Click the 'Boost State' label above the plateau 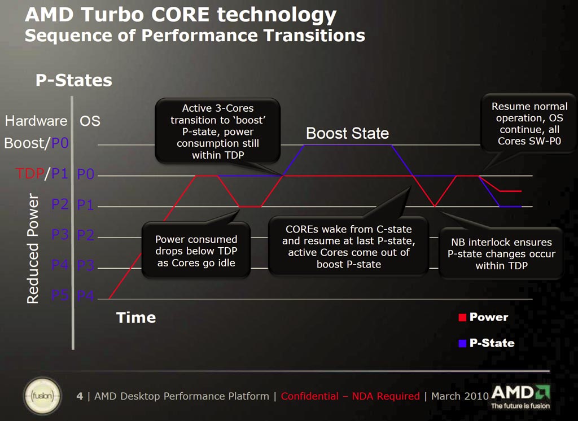click(x=347, y=134)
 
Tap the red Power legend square click(x=462, y=318)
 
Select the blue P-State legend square click(x=462, y=343)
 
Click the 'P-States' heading click(x=74, y=81)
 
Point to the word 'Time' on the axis click(x=136, y=318)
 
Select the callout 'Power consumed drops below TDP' click(x=196, y=251)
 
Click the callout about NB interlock click(x=501, y=253)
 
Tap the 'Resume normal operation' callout click(x=529, y=123)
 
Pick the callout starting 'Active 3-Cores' click(x=217, y=131)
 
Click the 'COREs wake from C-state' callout click(x=348, y=246)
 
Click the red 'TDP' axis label click(x=29, y=174)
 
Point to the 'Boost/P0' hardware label click(x=36, y=143)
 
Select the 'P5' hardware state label click(x=60, y=295)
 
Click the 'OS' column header click(x=90, y=121)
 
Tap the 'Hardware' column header click(x=36, y=121)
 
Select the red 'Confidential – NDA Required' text click(x=350, y=396)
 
